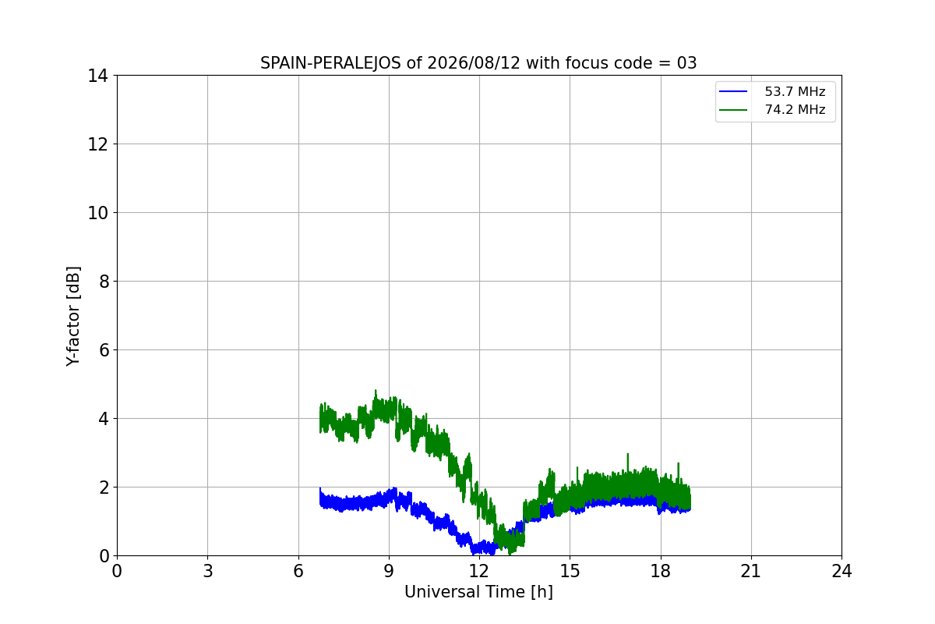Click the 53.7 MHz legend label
click(795, 91)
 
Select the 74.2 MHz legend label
click(795, 109)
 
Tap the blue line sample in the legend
click(733, 91)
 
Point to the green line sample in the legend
click(733, 110)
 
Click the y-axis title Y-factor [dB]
click(73, 317)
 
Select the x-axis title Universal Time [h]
click(478, 592)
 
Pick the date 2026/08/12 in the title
click(474, 63)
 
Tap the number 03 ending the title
click(686, 63)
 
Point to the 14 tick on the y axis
click(97, 76)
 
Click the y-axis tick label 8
click(104, 282)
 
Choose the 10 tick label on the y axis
click(97, 213)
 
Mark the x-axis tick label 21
click(751, 571)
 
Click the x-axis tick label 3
click(208, 571)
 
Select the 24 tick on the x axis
click(841, 571)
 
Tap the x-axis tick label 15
click(570, 571)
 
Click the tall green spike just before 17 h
click(627, 454)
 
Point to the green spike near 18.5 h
click(679, 463)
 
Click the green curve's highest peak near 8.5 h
click(376, 391)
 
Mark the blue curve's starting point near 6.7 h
click(320, 488)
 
